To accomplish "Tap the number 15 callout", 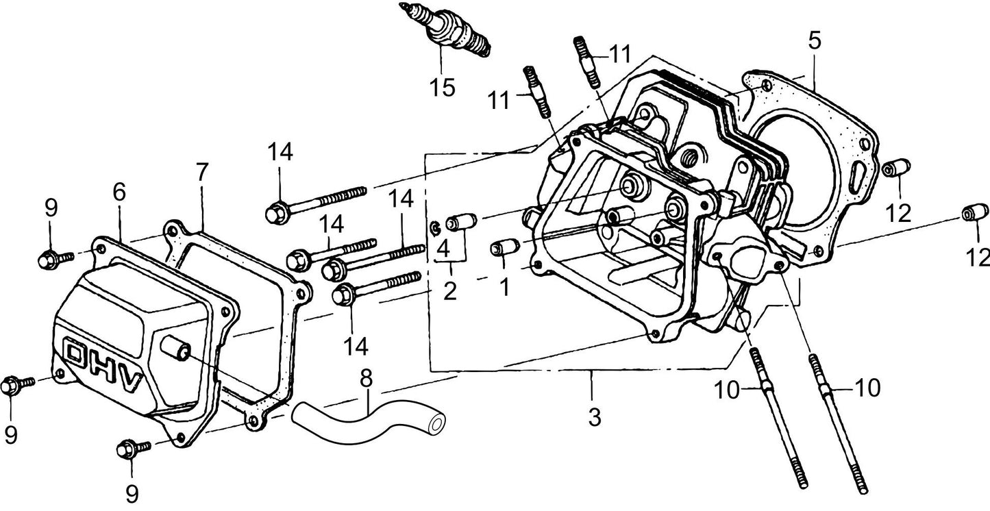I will [x=442, y=87].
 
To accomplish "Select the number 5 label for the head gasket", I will [x=813, y=40].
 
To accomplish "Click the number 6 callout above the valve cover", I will [x=119, y=192].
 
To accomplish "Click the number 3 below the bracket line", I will [x=594, y=417].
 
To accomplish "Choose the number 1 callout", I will [x=504, y=286].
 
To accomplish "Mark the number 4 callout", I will [x=443, y=249].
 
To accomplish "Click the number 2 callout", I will [x=449, y=292].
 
